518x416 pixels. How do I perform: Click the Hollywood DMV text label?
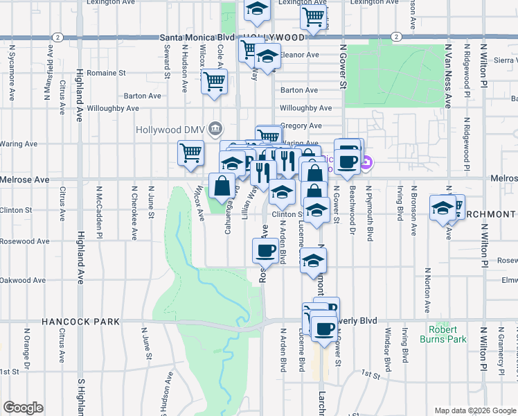pos(170,129)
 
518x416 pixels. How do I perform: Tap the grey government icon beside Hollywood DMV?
pos(215,128)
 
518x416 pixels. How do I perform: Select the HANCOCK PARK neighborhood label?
pos(81,322)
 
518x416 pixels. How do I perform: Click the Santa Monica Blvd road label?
pos(194,37)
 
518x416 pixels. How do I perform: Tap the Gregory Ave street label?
pos(301,125)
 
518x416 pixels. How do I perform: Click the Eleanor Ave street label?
pos(299,55)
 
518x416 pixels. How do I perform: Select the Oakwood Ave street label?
pos(24,280)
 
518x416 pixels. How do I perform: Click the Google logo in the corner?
pos(23,408)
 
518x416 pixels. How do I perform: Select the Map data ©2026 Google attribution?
pos(474,410)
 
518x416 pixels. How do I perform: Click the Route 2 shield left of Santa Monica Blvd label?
pos(60,37)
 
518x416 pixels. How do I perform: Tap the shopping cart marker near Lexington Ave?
pos(314,16)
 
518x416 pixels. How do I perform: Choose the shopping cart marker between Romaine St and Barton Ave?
pos(214,81)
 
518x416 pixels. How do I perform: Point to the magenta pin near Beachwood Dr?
pos(367,164)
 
